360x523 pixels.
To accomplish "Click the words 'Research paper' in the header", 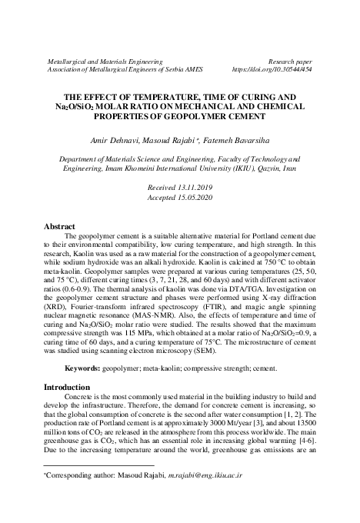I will (x=289, y=59).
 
